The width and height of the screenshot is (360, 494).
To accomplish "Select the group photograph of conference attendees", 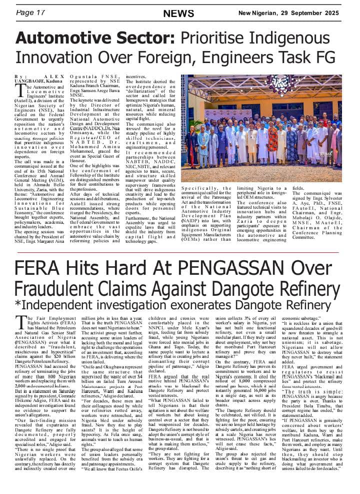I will pyautogui.click(x=261, y=128).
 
